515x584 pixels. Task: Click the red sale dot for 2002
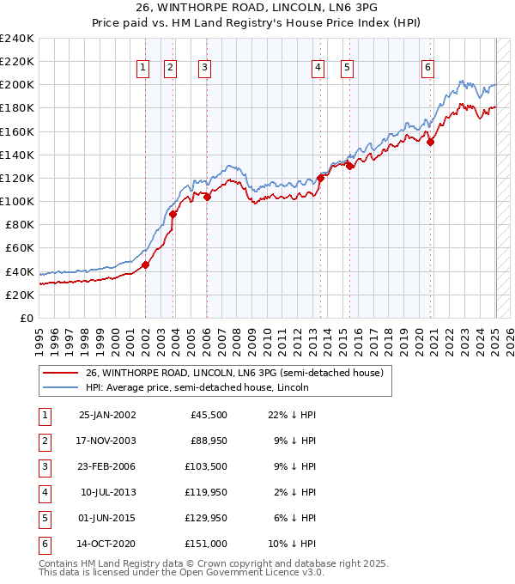(x=146, y=265)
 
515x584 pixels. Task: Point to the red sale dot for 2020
(x=431, y=143)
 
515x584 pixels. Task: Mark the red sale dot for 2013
(x=320, y=178)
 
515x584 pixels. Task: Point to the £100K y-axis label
(x=16, y=201)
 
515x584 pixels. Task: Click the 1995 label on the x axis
(x=39, y=337)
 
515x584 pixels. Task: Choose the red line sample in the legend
(x=61, y=373)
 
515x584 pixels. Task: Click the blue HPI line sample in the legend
(x=61, y=387)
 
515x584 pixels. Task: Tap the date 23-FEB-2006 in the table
(x=106, y=466)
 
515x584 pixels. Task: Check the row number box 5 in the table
(x=44, y=518)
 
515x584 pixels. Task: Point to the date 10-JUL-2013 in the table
(x=107, y=492)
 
